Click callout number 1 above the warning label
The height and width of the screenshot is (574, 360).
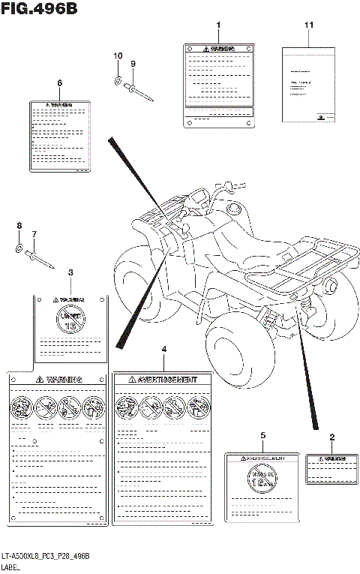[218, 27]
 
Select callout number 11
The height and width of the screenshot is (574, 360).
[307, 27]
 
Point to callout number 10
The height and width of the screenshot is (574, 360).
[117, 56]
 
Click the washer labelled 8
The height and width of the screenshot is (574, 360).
[19, 246]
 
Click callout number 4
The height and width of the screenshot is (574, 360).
[164, 350]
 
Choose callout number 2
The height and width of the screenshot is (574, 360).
[331, 436]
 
